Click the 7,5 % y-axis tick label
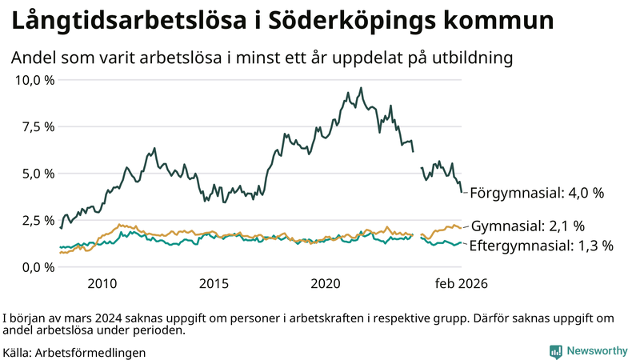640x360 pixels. [38, 126]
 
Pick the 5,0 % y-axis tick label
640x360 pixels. [38, 174]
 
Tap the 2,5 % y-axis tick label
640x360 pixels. [38, 220]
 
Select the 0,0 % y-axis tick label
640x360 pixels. [38, 267]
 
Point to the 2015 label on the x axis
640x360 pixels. [214, 284]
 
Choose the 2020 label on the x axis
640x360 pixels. [326, 284]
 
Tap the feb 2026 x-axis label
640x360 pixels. [461, 284]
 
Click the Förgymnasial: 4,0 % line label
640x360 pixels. [536, 193]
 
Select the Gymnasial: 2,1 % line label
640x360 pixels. [527, 226]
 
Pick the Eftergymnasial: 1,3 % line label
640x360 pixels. [540, 246]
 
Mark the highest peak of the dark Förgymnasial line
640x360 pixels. [361, 88]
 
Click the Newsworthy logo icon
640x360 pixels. [555, 351]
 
